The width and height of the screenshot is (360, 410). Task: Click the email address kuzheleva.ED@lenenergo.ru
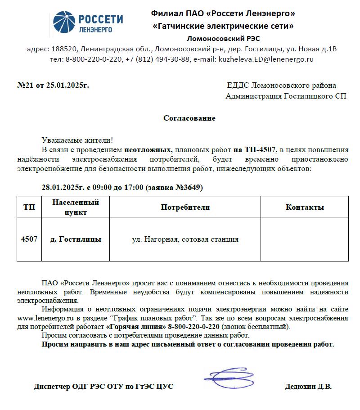(x=266, y=59)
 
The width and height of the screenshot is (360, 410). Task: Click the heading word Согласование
(x=189, y=118)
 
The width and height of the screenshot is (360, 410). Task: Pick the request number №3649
(x=189, y=187)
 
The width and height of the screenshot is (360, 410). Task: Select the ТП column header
(x=29, y=207)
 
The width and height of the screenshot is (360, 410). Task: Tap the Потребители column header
(x=185, y=207)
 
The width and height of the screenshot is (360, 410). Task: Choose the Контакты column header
(x=305, y=207)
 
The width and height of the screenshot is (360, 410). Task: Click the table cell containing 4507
(x=29, y=239)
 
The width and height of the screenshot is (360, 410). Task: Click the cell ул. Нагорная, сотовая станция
(x=185, y=239)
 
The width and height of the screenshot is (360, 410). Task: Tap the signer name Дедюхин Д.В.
(x=308, y=387)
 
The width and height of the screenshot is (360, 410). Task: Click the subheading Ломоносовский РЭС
(x=223, y=38)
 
